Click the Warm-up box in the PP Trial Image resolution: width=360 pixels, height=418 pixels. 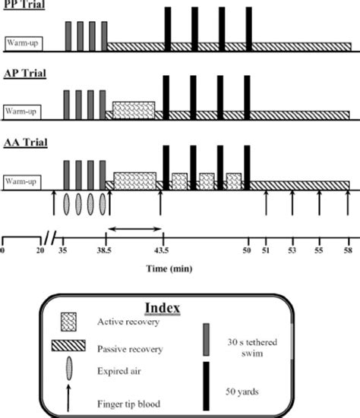point(23,43)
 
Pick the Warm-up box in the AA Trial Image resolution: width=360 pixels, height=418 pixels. point(23,182)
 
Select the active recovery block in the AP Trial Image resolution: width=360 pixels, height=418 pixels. point(134,109)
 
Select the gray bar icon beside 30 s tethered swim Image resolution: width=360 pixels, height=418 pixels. point(205,338)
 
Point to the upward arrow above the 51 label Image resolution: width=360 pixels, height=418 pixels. point(266,203)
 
